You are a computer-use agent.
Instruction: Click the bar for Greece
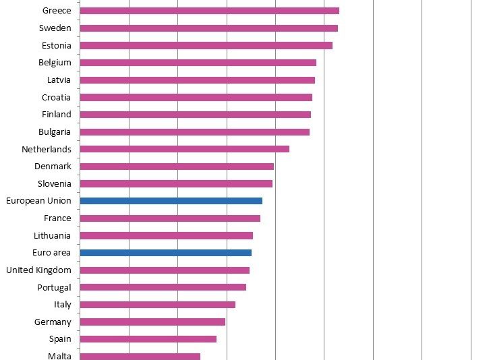click(x=209, y=11)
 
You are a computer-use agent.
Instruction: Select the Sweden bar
click(x=208, y=28)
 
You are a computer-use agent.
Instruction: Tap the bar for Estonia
click(x=206, y=45)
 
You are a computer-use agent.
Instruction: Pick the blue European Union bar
click(x=171, y=201)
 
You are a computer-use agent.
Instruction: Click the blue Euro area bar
click(x=165, y=253)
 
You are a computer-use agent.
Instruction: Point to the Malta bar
click(x=140, y=356)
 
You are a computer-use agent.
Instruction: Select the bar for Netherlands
click(x=184, y=149)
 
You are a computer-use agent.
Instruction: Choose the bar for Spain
click(x=148, y=339)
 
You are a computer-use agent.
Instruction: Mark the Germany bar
click(x=152, y=322)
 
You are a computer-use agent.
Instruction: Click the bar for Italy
click(x=157, y=305)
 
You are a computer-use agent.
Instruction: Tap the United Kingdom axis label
click(x=38, y=270)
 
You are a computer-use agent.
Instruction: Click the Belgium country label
click(x=55, y=63)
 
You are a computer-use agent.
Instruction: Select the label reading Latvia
click(x=59, y=80)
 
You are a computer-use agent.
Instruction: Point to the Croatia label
click(x=56, y=98)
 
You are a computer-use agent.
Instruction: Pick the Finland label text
click(x=56, y=115)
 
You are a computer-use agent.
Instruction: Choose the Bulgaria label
click(x=55, y=132)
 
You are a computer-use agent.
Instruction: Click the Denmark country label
click(x=53, y=167)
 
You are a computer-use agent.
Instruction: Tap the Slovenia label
click(x=55, y=183)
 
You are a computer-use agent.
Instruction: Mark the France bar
click(x=170, y=218)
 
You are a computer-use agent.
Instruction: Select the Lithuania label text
click(x=52, y=236)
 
